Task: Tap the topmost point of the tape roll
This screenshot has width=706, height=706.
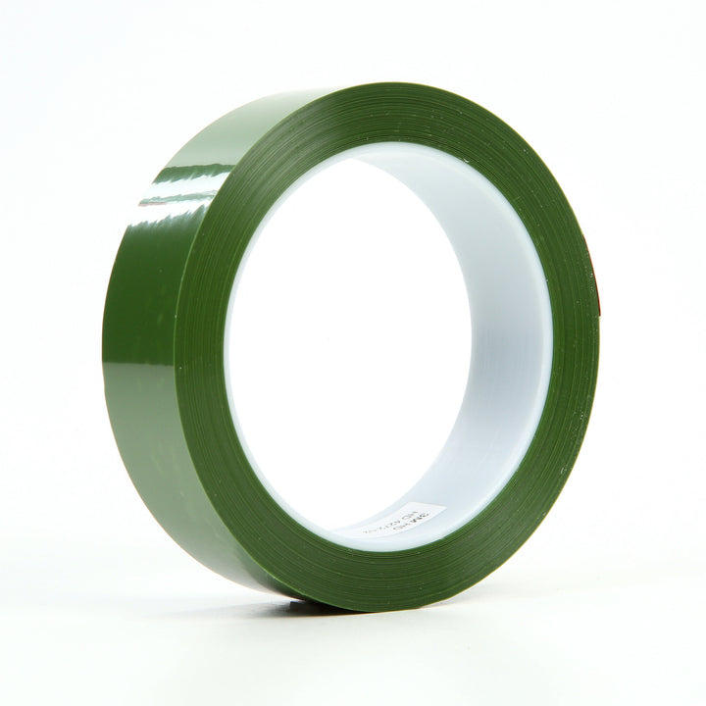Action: (x=412, y=84)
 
